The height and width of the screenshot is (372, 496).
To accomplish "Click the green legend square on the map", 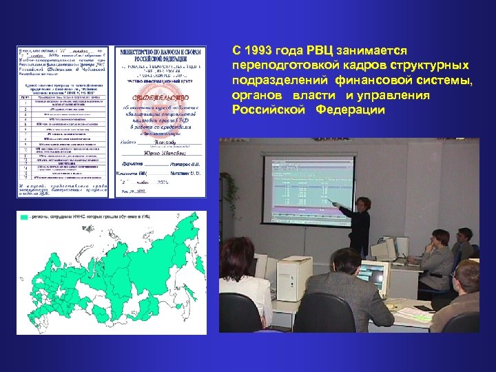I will [x=23, y=217].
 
